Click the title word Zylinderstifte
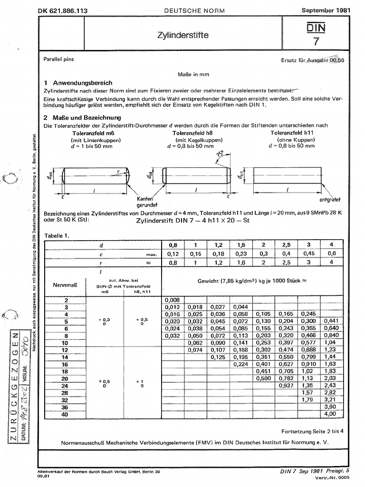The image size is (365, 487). click(182, 35)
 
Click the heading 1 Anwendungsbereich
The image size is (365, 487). click(78, 82)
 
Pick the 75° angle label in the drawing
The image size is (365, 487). click(219, 155)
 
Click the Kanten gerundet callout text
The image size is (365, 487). click(146, 201)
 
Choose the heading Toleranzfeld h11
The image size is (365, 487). click(291, 134)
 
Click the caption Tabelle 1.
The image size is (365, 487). click(57, 235)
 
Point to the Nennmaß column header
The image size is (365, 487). click(63, 285)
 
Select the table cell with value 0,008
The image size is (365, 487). click(172, 301)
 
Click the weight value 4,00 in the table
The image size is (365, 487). click(329, 414)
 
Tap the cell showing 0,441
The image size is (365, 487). click(329, 321)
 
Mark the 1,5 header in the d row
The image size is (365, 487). click(242, 245)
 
